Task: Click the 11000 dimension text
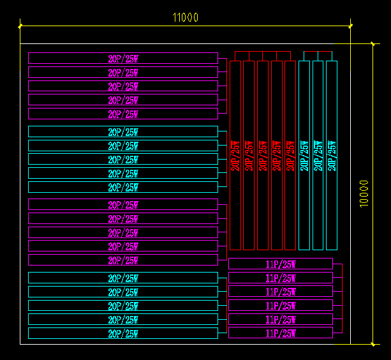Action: pyautogui.click(x=186, y=17)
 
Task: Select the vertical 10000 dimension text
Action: pyautogui.click(x=364, y=193)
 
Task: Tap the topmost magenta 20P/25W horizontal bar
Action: pyautogui.click(x=123, y=58)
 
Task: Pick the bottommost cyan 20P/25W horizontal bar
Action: pyautogui.click(x=123, y=333)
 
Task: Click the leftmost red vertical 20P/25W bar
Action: pyautogui.click(x=235, y=155)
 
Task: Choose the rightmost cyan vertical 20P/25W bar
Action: pyautogui.click(x=332, y=155)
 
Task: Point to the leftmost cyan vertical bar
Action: pyautogui.click(x=304, y=155)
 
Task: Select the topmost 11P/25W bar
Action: pyautogui.click(x=281, y=264)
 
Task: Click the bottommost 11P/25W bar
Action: pyautogui.click(x=281, y=333)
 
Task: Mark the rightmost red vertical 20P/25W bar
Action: pyautogui.click(x=290, y=155)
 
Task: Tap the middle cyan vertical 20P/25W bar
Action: pyautogui.click(x=318, y=155)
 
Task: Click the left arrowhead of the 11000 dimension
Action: pyautogui.click(x=21, y=26)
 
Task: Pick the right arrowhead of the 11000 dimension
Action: pyautogui.click(x=351, y=26)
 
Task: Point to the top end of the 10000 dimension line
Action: pyautogui.click(x=373, y=44)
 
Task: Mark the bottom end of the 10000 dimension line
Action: pyautogui.click(x=373, y=344)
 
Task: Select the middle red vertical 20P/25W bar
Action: pyautogui.click(x=263, y=155)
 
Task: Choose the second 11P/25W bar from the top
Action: pyautogui.click(x=281, y=278)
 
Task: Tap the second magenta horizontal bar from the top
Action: pyautogui.click(x=123, y=72)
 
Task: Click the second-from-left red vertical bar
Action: pyautogui.click(x=249, y=155)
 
